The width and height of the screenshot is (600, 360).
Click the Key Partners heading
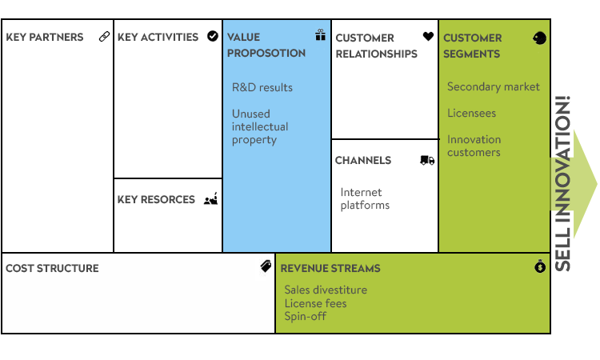point(44,37)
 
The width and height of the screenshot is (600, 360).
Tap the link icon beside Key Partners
point(104,37)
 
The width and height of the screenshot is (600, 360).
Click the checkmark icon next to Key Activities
point(212,36)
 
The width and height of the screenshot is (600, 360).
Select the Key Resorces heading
point(156,200)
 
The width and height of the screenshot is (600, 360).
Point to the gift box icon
point(320,35)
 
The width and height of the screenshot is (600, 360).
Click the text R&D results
point(262,87)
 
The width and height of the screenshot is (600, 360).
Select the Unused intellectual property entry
point(260,126)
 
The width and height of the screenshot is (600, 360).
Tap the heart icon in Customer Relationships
point(428,37)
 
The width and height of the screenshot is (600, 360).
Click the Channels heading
point(363,160)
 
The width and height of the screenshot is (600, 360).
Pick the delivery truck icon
point(427,161)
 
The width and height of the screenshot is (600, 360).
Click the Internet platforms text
point(365,198)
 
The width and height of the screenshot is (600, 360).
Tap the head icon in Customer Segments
point(540,38)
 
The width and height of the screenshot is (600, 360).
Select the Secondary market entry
point(494,86)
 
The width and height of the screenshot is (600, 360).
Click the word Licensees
point(471,114)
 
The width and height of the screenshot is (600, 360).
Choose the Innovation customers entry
point(474,146)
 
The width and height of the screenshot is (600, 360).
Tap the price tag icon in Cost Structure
point(266,266)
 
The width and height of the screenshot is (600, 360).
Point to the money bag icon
point(540,267)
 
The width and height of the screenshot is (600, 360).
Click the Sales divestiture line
point(326,290)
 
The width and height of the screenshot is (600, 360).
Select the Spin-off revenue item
point(305,316)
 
